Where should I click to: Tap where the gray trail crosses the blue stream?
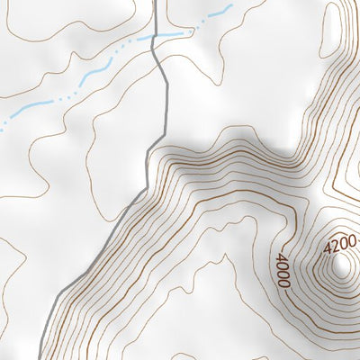(157, 39)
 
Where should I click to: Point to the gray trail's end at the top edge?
(155, 2)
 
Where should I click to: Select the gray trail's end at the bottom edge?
(40, 357)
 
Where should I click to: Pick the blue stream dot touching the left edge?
(2, 127)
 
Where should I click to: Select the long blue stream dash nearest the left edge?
(27, 109)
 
